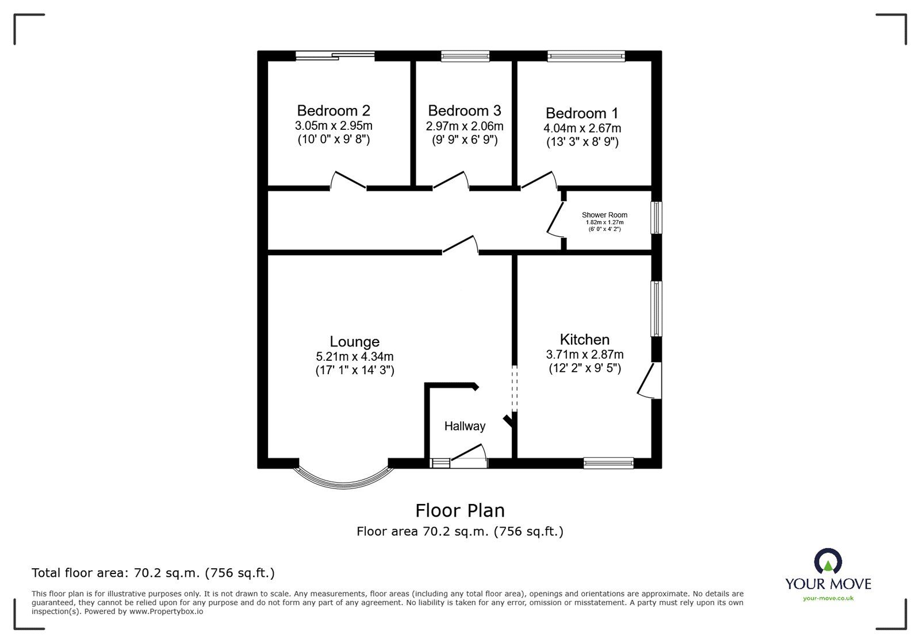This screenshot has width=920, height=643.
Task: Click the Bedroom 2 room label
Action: click(333, 110)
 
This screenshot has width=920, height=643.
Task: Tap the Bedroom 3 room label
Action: click(465, 110)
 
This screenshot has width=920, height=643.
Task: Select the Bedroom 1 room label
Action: click(581, 113)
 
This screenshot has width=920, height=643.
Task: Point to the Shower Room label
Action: click(604, 214)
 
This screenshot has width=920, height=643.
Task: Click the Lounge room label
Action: click(354, 341)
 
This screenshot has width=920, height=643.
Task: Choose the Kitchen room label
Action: click(584, 340)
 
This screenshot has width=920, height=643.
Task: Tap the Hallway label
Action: click(465, 426)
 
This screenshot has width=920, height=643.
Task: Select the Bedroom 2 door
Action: click(348, 181)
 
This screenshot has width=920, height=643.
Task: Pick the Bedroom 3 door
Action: click(451, 180)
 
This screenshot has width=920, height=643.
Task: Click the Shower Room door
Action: click(555, 219)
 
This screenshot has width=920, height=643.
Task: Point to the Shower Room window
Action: click(657, 217)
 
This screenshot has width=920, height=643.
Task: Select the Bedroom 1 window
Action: click(586, 56)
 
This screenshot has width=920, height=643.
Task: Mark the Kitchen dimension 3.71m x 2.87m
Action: click(584, 354)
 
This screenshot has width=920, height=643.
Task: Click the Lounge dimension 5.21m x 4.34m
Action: click(354, 357)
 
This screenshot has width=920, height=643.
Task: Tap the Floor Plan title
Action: click(460, 511)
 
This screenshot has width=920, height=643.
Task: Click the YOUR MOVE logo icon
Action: click(828, 561)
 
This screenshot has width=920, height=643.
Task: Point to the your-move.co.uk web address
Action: click(828, 598)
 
